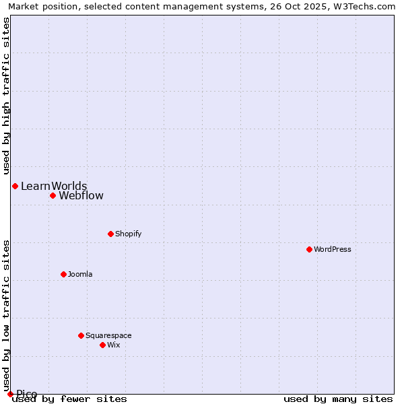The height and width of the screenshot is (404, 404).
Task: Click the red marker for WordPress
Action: [x=309, y=249]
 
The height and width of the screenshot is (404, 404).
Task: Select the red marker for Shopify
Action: [x=110, y=234]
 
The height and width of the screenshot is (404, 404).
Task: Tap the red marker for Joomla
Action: [x=63, y=274]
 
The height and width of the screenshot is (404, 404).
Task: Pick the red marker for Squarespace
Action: [x=81, y=335]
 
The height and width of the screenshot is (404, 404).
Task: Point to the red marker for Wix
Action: [x=102, y=345]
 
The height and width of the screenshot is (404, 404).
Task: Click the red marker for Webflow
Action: [x=53, y=196]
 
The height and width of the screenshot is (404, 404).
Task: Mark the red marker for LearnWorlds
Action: [x=15, y=186]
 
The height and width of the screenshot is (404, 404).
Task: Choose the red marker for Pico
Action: [x=10, y=394]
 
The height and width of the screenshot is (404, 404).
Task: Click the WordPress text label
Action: [x=333, y=249]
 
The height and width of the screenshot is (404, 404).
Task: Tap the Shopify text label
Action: [x=128, y=234]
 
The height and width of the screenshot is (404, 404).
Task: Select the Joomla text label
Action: [x=80, y=274]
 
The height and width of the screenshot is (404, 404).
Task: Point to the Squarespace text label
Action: [x=108, y=335]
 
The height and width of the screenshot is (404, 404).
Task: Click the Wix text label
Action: [x=114, y=345]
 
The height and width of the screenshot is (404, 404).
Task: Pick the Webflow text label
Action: [x=81, y=196]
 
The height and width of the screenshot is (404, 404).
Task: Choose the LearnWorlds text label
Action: [x=54, y=186]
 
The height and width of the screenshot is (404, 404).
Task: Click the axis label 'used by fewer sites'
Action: [x=70, y=399]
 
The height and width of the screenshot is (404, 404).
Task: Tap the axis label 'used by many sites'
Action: [x=338, y=399]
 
